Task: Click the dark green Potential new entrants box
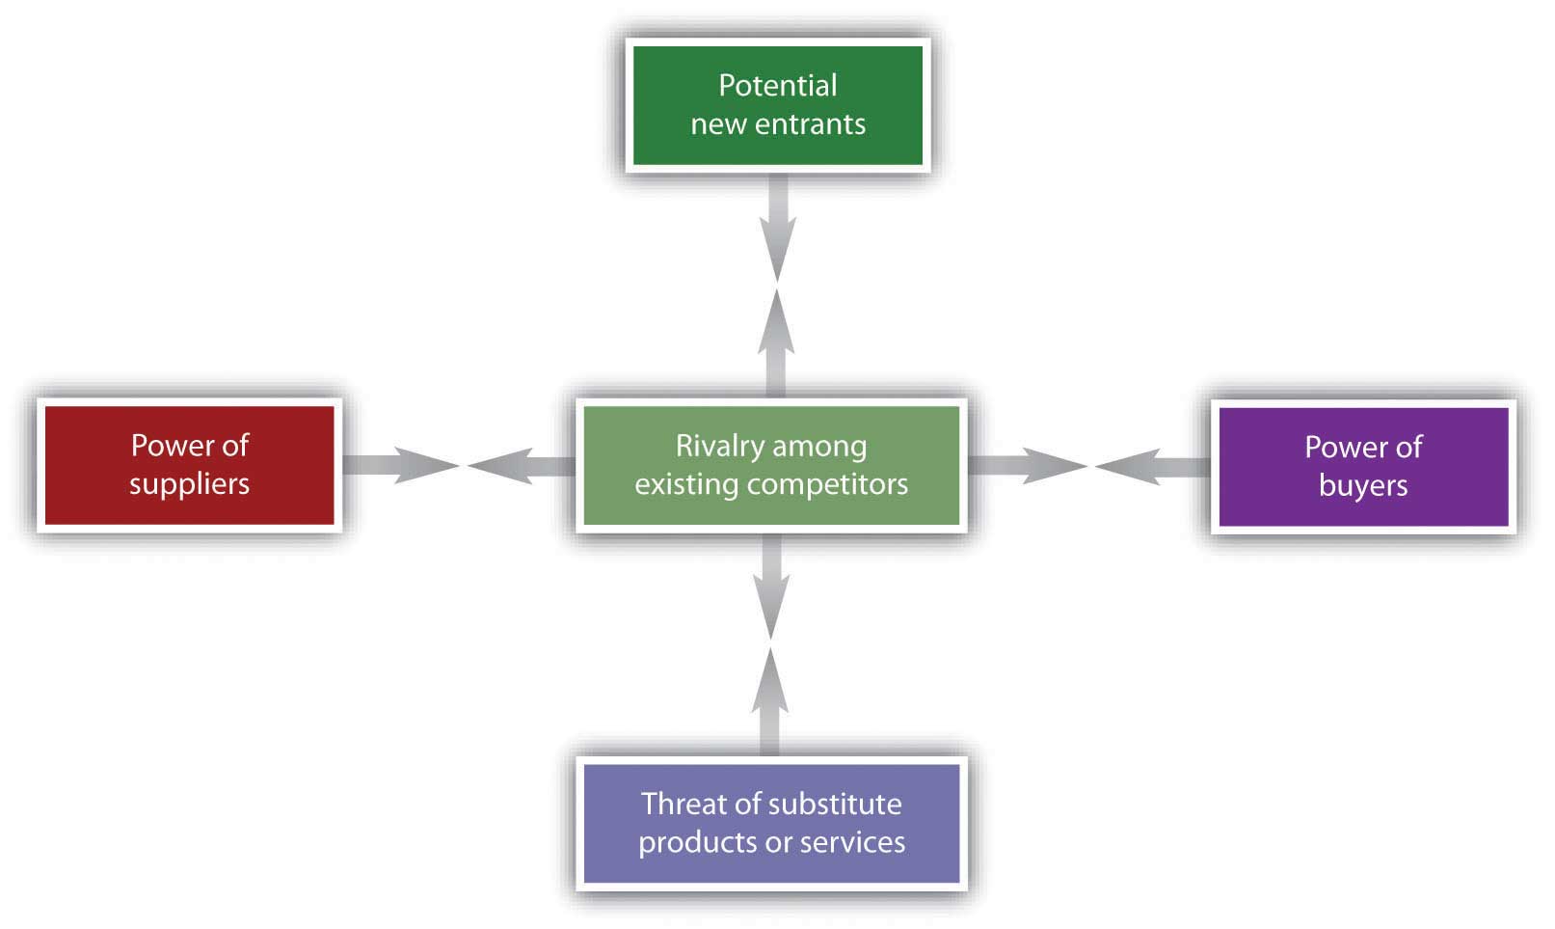coord(777,105)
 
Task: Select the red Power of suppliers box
coord(190,465)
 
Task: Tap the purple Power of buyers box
coord(1363,466)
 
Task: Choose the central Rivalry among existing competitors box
coord(771,465)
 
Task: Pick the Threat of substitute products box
coord(771,824)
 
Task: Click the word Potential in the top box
coord(777,86)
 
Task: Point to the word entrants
coord(810,124)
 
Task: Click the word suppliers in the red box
coord(190,484)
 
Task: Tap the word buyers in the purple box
coord(1363,485)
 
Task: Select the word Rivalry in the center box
coord(712,446)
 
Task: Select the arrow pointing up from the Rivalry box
coord(775,343)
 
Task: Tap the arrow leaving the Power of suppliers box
coord(401,465)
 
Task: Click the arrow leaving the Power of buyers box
coord(1152,466)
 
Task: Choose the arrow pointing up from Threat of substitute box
coord(769,701)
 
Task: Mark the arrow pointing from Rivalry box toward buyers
coord(1028,465)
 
